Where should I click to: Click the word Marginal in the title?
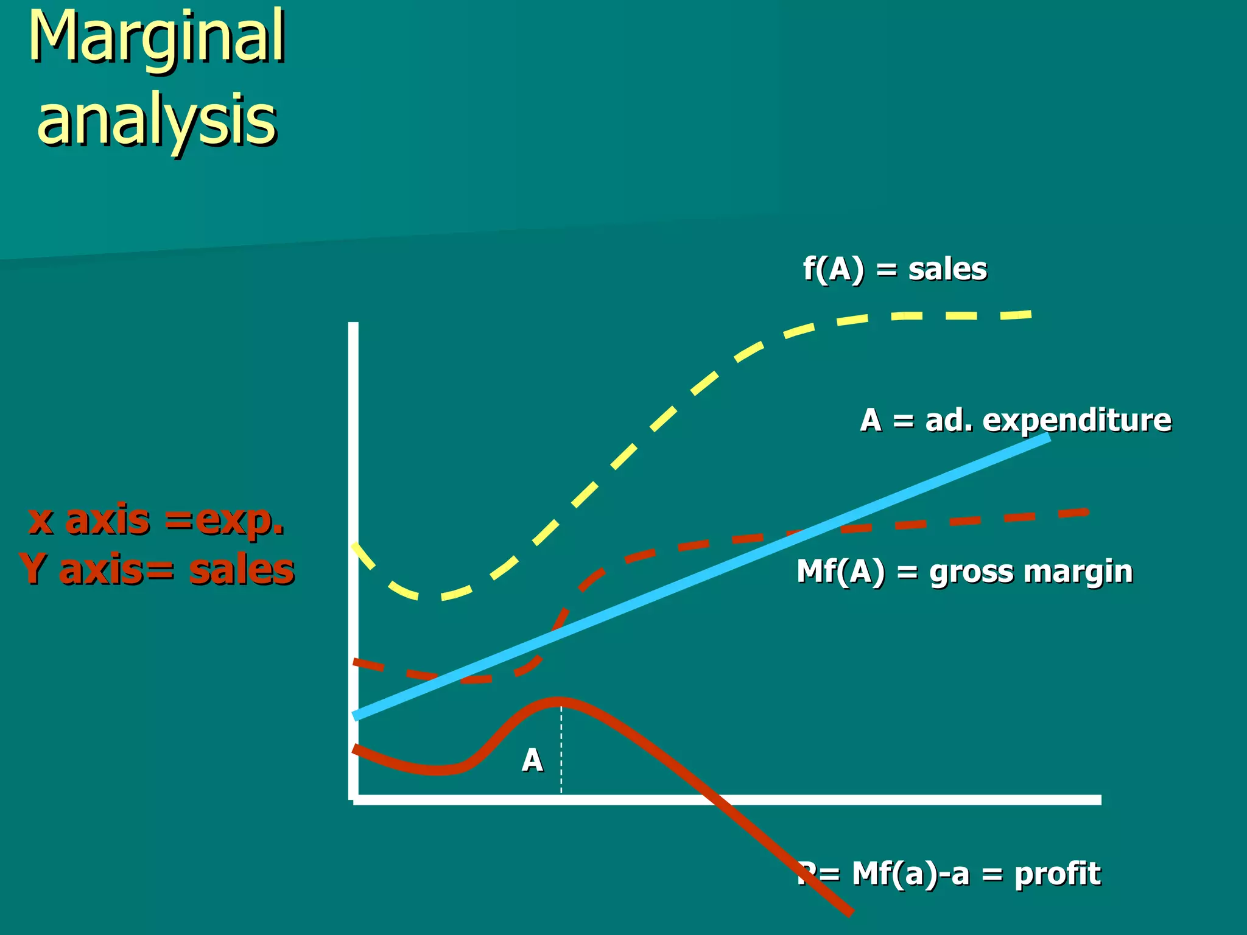pos(157,38)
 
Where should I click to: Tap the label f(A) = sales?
pos(894,269)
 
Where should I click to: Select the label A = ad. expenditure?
pos(1015,420)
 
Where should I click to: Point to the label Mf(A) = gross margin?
pos(964,572)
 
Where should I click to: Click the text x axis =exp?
pos(156,520)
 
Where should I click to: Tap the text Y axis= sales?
pos(156,570)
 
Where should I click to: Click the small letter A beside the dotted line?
pos(532,760)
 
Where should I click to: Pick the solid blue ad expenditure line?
pos(700,579)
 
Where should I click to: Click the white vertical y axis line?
pos(353,548)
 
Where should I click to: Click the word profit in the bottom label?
pos(1058,874)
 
